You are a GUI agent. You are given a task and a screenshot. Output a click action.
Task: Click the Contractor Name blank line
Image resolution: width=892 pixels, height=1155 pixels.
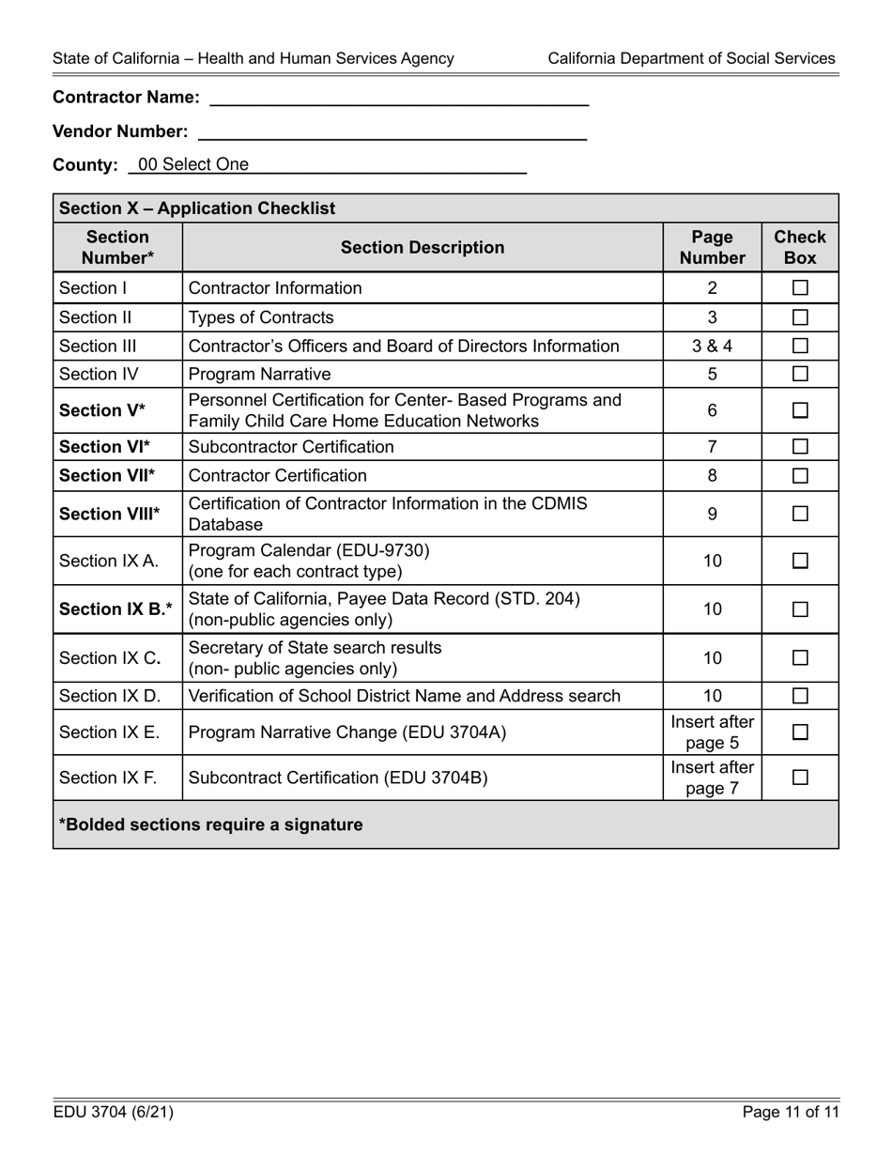point(399,97)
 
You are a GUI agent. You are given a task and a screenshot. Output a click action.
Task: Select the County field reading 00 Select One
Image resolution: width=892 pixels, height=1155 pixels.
point(328,165)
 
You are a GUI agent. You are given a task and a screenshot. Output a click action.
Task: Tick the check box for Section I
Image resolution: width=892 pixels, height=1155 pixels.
point(800,288)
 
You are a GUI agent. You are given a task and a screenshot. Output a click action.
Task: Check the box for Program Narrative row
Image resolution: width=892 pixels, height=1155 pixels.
point(800,375)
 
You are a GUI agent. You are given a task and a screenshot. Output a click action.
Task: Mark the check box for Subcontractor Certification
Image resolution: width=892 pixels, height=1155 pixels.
point(800,447)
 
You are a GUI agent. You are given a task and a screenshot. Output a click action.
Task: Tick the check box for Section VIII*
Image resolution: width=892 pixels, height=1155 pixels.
point(800,514)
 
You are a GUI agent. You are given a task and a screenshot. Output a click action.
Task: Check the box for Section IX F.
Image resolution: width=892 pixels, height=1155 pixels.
point(800,778)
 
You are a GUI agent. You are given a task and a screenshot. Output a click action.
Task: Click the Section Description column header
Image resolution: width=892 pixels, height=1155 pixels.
point(423,248)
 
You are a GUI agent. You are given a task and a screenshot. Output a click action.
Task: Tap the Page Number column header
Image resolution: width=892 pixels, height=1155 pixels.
point(712,248)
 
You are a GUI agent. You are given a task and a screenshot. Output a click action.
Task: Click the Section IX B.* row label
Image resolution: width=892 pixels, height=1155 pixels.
point(115,609)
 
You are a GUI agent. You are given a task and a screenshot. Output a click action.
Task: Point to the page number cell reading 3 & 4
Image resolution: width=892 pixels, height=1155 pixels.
point(712,346)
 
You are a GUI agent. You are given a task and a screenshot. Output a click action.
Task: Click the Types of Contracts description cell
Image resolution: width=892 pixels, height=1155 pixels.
point(261,317)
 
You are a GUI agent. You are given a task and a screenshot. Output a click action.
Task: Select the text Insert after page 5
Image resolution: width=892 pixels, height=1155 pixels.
point(712,732)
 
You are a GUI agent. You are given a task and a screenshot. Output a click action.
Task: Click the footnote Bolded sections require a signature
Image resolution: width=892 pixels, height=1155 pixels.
point(210,825)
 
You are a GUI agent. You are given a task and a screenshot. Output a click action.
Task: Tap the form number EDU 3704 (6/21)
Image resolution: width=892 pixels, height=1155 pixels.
point(114,1113)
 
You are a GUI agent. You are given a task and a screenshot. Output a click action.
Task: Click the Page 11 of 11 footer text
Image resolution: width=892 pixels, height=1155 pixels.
point(791,1113)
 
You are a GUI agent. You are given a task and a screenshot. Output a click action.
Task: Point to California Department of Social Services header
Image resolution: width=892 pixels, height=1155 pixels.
point(691,59)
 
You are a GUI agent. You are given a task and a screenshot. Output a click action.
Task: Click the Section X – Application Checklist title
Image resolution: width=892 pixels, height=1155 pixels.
point(197,208)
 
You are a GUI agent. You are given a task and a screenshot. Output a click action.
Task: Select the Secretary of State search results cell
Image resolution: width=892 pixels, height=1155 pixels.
point(315,658)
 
